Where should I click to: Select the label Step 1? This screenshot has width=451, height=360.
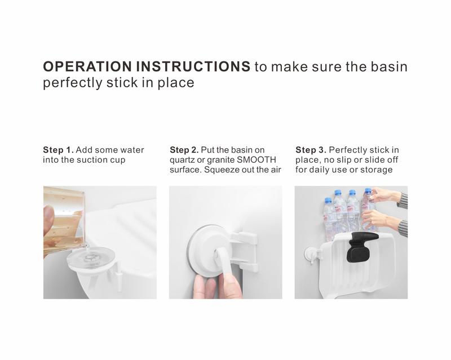[58, 150]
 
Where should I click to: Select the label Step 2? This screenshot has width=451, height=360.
[184, 150]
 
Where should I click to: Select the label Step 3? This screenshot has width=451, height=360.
[311, 150]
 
